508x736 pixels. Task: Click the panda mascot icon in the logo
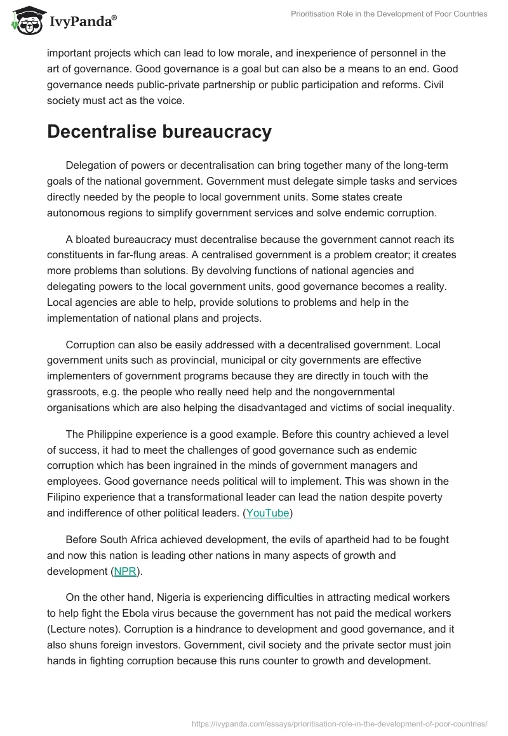(25, 21)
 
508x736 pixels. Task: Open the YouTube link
(268, 513)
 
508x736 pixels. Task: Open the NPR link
(125, 571)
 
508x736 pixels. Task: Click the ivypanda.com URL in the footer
(339, 723)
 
